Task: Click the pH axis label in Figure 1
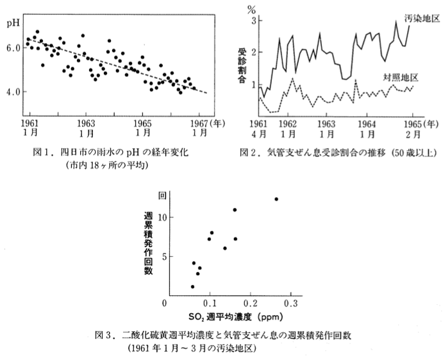click(x=13, y=23)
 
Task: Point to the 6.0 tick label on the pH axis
click(x=13, y=48)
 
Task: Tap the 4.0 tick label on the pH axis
click(x=13, y=92)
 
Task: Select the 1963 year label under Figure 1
click(x=86, y=124)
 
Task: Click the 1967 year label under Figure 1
click(x=199, y=124)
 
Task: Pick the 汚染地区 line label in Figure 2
click(x=422, y=19)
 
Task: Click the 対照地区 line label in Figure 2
click(x=401, y=77)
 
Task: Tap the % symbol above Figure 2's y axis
click(x=251, y=10)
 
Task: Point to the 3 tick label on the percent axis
click(x=254, y=21)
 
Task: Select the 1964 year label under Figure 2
click(x=367, y=124)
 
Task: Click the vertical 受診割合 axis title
click(x=242, y=65)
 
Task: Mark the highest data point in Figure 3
click(x=276, y=199)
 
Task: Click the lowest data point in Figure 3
click(x=193, y=286)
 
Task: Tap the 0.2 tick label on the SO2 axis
click(x=250, y=304)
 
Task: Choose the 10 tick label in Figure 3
click(x=162, y=217)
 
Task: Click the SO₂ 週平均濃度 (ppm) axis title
click(x=236, y=317)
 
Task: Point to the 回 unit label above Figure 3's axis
click(x=162, y=196)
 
